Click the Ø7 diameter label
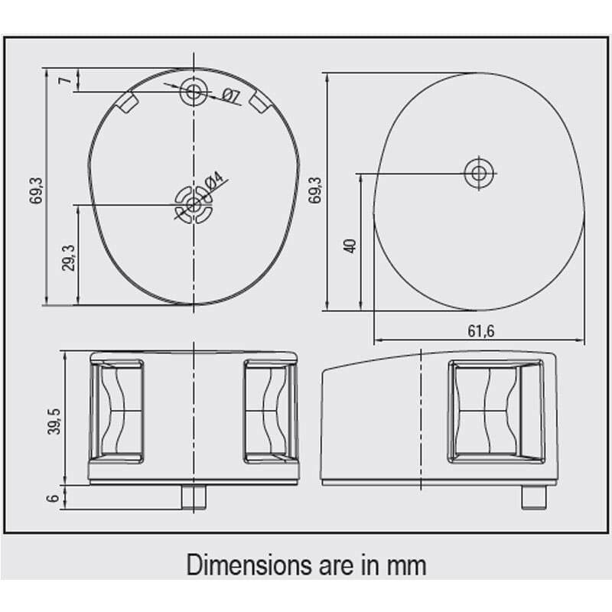(230, 96)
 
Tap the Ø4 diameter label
(215, 183)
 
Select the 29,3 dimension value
(68, 258)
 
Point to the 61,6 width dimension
(481, 331)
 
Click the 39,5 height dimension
(54, 422)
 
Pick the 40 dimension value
(350, 246)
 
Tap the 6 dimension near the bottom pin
(53, 498)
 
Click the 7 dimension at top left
(66, 80)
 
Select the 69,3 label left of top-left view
(36, 190)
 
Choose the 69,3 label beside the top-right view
(315, 190)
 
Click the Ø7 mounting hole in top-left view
(193, 93)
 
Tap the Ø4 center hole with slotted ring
(194, 204)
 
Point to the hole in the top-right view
(480, 173)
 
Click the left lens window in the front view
(117, 412)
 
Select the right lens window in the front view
(271, 412)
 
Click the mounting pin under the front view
(194, 496)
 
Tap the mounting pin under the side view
(533, 496)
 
